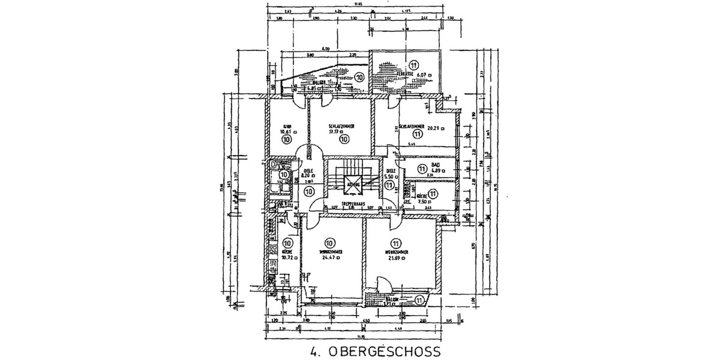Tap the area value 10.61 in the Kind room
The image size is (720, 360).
[x=286, y=131]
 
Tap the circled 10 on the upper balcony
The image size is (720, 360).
[x=359, y=77]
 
